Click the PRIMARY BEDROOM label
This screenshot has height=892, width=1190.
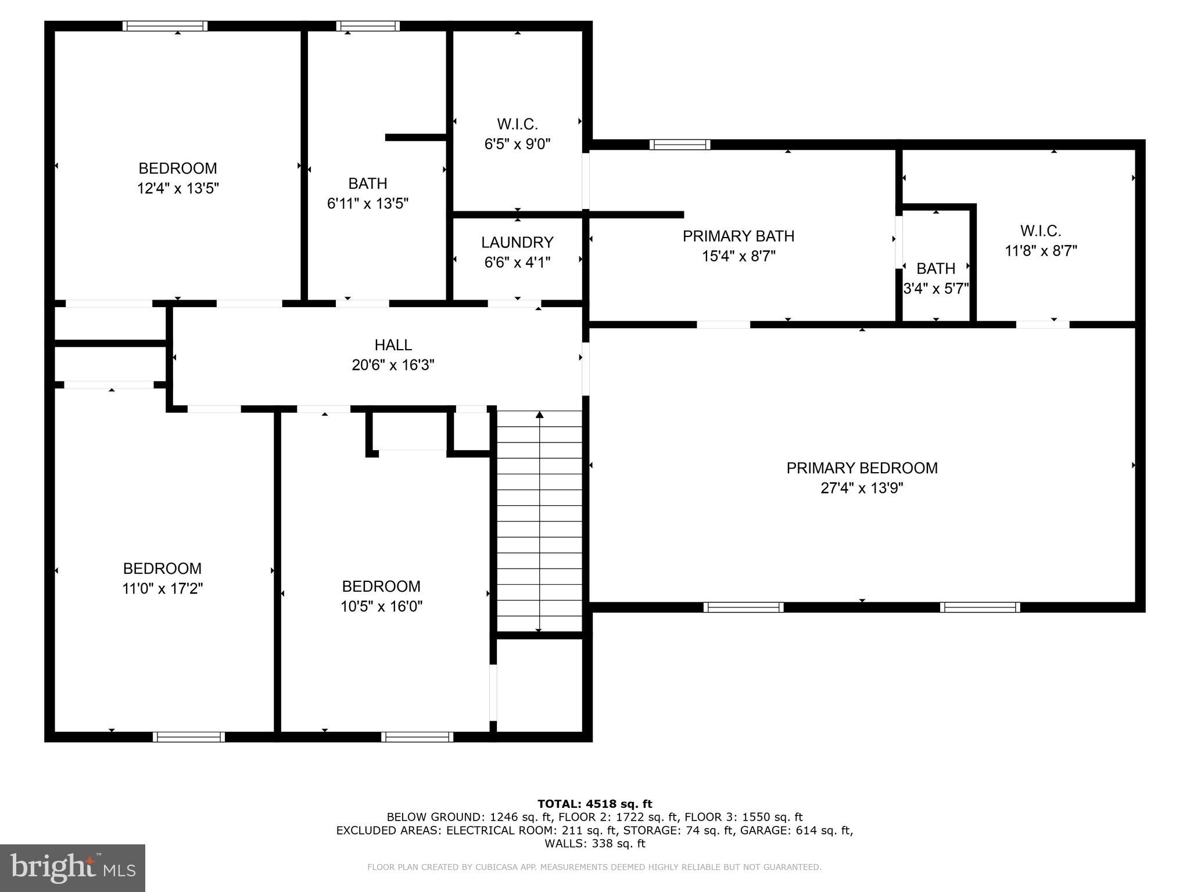(x=862, y=468)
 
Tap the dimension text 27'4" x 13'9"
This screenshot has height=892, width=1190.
(x=862, y=488)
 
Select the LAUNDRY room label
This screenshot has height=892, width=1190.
(x=517, y=242)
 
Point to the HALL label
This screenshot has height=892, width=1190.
(x=393, y=345)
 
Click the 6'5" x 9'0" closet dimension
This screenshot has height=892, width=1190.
(x=517, y=144)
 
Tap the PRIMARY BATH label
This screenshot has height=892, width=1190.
(x=739, y=236)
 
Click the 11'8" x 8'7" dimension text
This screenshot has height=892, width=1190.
(x=1041, y=251)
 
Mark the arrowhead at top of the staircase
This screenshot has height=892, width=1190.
(x=539, y=415)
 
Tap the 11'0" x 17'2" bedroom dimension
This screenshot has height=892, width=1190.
(x=162, y=589)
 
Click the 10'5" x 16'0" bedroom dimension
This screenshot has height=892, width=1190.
(x=381, y=607)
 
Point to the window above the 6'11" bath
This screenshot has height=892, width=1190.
(x=368, y=26)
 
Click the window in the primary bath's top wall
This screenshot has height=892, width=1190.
(x=680, y=145)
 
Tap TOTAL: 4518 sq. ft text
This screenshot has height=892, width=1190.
(x=594, y=804)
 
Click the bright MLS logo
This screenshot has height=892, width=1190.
(x=73, y=868)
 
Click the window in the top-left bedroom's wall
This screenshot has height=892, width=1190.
(x=165, y=26)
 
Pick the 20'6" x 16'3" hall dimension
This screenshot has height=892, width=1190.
(x=393, y=365)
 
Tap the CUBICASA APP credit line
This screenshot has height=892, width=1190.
(x=594, y=868)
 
